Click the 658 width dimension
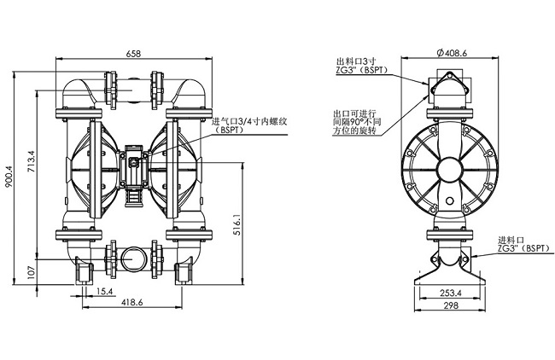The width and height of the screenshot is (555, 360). click(133, 54)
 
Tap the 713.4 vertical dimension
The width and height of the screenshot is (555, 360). click(32, 161)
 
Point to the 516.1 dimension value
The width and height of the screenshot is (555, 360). click(237, 224)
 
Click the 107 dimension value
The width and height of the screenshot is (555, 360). click(32, 273)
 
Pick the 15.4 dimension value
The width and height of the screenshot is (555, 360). click(104, 291)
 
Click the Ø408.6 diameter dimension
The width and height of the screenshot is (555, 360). click(452, 53)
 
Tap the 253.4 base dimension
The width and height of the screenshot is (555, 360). click(451, 293)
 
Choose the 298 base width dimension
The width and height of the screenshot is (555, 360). click(451, 305)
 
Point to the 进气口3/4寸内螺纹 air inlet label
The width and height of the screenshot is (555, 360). click(248, 122)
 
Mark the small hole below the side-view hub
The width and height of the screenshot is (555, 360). click(450, 200)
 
